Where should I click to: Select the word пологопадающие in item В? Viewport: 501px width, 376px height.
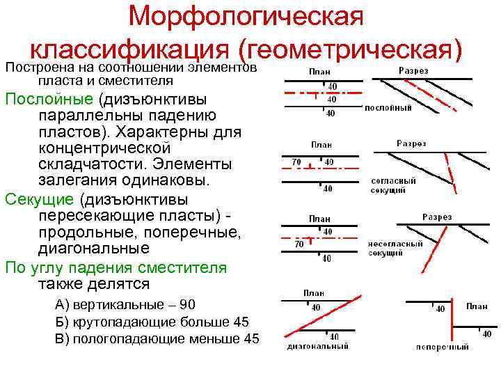pyautogui.click(x=126, y=339)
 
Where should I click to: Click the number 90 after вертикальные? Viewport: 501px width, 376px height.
pyautogui.click(x=188, y=304)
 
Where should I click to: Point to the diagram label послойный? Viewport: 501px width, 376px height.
pyautogui.click(x=388, y=108)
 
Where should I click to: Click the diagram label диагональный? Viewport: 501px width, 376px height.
pyautogui.click(x=317, y=345)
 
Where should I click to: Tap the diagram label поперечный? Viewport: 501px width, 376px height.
pyautogui.click(x=442, y=347)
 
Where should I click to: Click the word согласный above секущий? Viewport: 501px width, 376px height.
pyautogui.click(x=393, y=180)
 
